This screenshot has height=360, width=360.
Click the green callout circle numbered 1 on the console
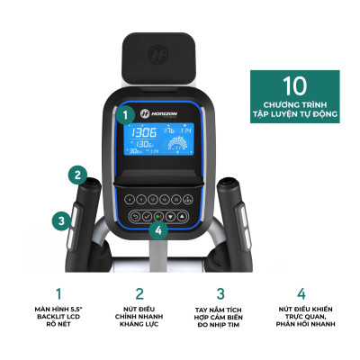click(128, 114)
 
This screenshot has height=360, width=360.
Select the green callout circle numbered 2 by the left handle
click(79, 175)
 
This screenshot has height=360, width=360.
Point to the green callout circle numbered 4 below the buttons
click(159, 229)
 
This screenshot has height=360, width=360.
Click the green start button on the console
click(158, 217)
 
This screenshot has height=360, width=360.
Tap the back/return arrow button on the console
click(135, 217)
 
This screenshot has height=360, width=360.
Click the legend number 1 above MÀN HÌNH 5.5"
click(58, 292)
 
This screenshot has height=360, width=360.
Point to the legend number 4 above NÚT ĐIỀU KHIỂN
click(301, 292)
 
